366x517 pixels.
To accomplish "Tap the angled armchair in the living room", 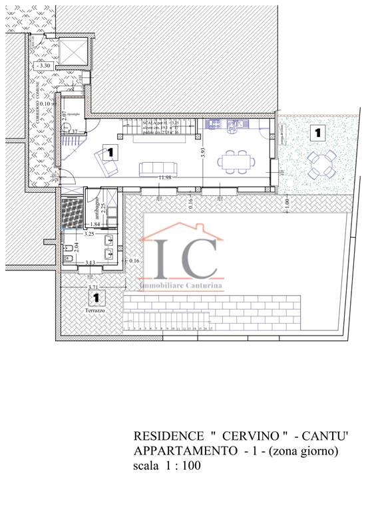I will click(104, 158).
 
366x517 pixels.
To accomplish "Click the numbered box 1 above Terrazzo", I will click(97, 298).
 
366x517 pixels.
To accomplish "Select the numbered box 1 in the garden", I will click(317, 133).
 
